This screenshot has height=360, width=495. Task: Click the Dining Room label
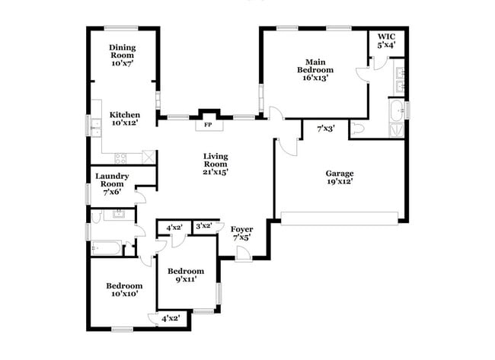pyautogui.click(x=122, y=56)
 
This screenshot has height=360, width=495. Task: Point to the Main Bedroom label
pyautogui.click(x=316, y=69)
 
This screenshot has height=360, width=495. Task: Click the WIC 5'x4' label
pyautogui.click(x=386, y=41)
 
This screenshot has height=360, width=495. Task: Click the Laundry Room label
pyautogui.click(x=112, y=184)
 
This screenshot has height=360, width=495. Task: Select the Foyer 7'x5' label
pyautogui.click(x=241, y=234)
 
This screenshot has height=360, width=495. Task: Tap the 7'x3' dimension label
pyautogui.click(x=326, y=129)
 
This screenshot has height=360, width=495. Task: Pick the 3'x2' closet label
pyautogui.click(x=204, y=226)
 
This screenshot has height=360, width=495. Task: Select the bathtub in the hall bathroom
pyautogui.click(x=106, y=247)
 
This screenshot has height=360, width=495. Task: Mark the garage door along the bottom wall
pyautogui.click(x=340, y=222)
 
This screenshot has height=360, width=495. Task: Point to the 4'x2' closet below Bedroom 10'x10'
pyautogui.click(x=171, y=318)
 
